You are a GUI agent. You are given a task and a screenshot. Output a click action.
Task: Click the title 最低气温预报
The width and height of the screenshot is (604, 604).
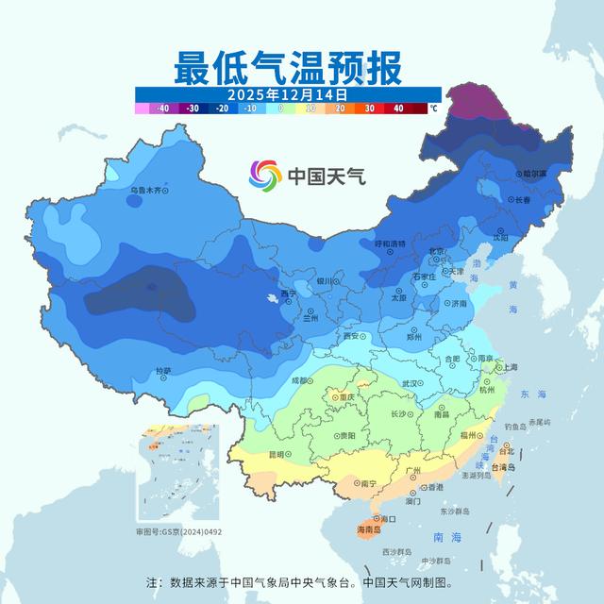click(287, 68)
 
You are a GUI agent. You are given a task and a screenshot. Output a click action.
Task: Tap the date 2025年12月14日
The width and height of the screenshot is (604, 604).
click(287, 94)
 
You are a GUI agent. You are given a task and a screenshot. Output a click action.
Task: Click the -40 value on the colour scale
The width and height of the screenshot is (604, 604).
click(162, 109)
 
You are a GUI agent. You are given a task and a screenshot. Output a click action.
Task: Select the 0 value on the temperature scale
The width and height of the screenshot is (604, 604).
click(280, 109)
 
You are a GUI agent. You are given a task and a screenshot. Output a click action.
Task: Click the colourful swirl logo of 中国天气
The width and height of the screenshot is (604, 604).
click(265, 175)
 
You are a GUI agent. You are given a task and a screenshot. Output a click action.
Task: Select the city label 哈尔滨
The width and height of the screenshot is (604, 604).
click(533, 174)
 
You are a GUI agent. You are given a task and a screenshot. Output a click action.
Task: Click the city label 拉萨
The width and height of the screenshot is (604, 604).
click(163, 371)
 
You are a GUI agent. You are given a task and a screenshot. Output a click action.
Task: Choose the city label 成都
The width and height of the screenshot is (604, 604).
click(299, 380)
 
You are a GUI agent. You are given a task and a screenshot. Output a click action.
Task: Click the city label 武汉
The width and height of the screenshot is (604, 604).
click(411, 383)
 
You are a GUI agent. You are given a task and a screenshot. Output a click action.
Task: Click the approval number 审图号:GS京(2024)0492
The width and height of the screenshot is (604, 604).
click(178, 532)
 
